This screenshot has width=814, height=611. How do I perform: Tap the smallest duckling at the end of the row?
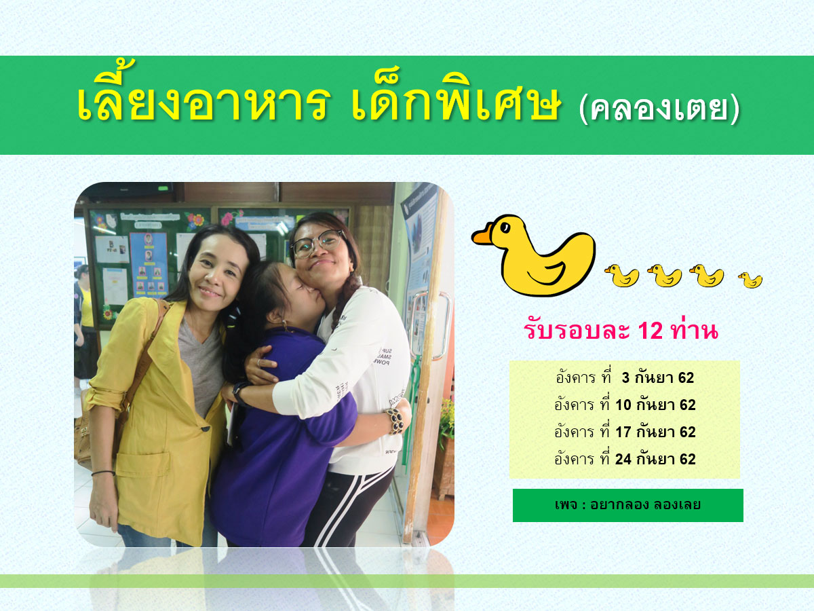click(751, 280)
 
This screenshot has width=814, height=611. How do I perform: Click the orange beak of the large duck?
click(482, 236)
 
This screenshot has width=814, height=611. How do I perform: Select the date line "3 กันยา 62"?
click(658, 378)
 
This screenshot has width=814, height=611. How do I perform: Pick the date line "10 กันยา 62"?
click(656, 405)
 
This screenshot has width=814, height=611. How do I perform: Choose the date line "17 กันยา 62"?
click(656, 432)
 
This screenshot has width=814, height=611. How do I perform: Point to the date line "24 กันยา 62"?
click(656, 460)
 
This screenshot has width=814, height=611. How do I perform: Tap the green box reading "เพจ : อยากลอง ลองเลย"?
click(628, 505)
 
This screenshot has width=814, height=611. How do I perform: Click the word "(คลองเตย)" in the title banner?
click(659, 109)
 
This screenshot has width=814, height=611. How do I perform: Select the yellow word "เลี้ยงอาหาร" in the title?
click(203, 97)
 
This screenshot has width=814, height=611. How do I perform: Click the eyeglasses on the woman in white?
click(318, 243)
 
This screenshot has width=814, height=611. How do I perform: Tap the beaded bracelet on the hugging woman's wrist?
click(395, 421)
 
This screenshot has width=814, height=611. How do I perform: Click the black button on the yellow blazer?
click(206, 429)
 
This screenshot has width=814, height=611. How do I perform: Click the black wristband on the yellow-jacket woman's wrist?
click(104, 473)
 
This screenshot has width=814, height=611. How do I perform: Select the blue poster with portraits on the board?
click(149, 265)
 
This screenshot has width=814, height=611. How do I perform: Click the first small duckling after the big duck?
click(622, 276)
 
